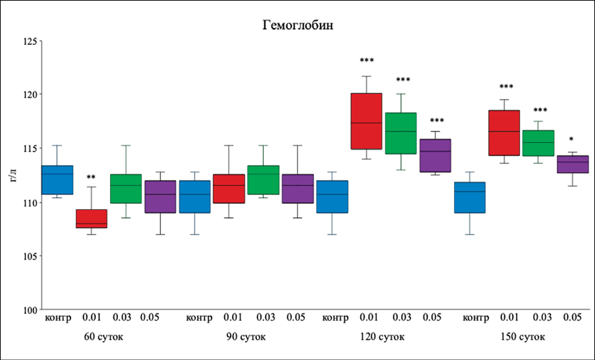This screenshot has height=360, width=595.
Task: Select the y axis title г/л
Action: click(13, 176)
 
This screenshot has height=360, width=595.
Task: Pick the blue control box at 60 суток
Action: click(58, 180)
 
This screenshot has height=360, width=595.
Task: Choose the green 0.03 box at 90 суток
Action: click(263, 180)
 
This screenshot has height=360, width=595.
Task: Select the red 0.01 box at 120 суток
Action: click(366, 121)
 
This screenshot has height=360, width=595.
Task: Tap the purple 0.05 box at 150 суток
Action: click(572, 164)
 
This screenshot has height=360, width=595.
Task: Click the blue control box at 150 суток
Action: click(470, 197)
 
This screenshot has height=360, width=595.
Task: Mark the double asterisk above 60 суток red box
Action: click(91, 178)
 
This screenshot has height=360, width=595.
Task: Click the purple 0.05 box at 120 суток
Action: click(435, 156)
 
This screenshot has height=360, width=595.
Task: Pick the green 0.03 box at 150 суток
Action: click(538, 143)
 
